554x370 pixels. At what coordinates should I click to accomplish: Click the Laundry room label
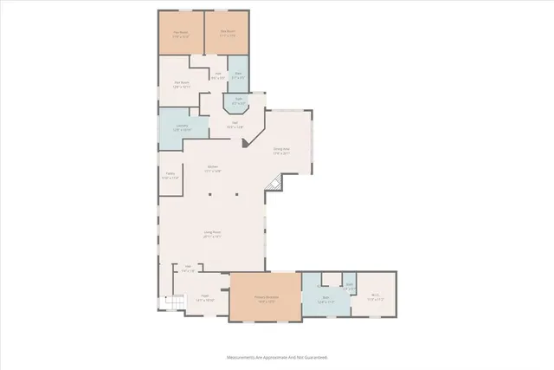click(x=183, y=128)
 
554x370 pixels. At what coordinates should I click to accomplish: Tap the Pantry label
click(x=171, y=175)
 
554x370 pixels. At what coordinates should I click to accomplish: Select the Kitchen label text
click(x=213, y=169)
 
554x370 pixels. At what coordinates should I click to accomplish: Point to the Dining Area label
click(x=281, y=151)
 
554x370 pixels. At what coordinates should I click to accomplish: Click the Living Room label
click(x=213, y=234)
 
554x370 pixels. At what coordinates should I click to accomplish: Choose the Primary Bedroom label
click(x=265, y=300)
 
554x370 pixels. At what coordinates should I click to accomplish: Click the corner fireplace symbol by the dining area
click(x=275, y=183)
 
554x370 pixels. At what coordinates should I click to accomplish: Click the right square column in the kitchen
click(x=235, y=195)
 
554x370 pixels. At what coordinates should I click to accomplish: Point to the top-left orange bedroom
click(x=180, y=34)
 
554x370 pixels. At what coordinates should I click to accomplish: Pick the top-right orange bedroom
click(x=227, y=34)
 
